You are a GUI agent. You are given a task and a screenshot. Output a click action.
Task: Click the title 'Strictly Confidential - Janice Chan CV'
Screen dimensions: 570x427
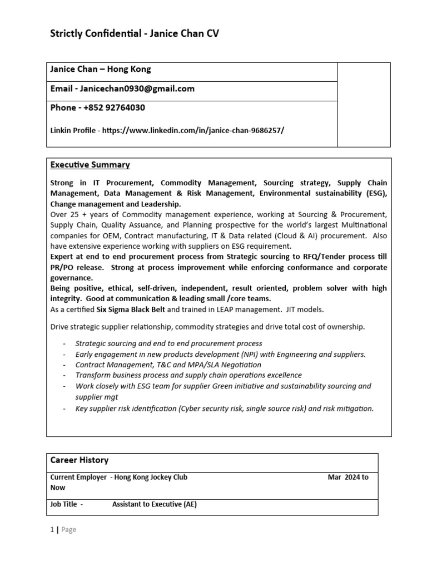[x=135, y=34]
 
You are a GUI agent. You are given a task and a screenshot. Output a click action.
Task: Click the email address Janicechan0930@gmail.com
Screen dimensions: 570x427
[x=137, y=89]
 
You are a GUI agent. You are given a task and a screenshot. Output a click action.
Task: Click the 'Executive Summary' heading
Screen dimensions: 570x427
[x=90, y=165]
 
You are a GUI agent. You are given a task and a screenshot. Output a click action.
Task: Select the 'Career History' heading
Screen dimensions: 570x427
[x=80, y=460]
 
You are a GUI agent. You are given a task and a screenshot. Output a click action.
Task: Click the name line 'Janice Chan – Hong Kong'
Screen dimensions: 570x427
[x=101, y=70]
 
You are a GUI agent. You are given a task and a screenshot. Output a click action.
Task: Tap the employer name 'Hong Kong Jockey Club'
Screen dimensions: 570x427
[x=151, y=477]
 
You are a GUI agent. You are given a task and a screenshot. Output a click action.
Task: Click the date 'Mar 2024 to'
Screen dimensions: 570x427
[x=348, y=477]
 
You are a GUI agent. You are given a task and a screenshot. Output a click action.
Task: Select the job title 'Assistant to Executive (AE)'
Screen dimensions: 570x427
[x=155, y=505]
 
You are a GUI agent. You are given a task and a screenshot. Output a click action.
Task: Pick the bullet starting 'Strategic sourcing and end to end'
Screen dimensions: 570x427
[x=168, y=343]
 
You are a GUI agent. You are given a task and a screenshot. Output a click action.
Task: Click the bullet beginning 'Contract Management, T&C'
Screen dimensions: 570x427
[x=168, y=365]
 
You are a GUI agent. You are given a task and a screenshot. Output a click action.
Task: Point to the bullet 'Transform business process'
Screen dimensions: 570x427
[x=188, y=375]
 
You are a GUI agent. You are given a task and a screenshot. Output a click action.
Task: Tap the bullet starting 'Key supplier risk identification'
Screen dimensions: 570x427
[x=225, y=408]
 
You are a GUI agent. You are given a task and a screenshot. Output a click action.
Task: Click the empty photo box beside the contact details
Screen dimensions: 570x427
[x=364, y=105]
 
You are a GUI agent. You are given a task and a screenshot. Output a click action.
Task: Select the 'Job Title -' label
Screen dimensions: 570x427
[x=67, y=505]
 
